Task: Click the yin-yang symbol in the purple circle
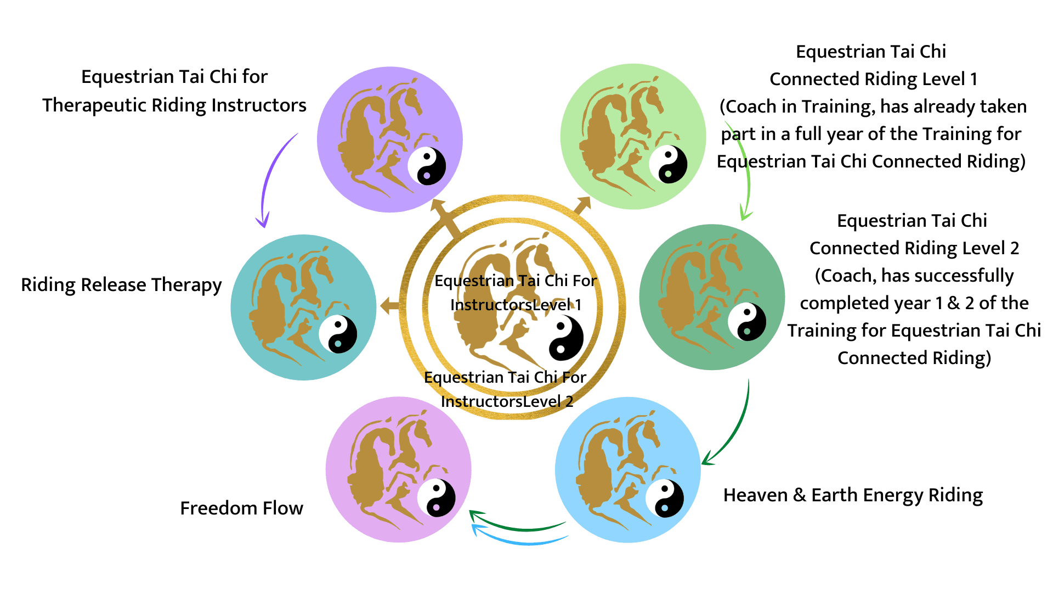coord(427,166)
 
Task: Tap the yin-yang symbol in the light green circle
coord(668,164)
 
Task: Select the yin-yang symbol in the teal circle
coord(338,334)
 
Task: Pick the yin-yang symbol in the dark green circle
coord(746,322)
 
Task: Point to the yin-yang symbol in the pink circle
coord(436,498)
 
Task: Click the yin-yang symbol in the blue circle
coord(664,499)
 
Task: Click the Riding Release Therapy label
coord(121,285)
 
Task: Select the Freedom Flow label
coord(241,508)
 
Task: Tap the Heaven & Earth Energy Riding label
coord(853,495)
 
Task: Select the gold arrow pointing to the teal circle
coord(390,306)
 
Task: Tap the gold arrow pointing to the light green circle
coord(580,207)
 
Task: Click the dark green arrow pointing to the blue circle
coord(732,434)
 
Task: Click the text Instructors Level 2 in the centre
coord(507,402)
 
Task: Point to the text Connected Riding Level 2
coord(914,248)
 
